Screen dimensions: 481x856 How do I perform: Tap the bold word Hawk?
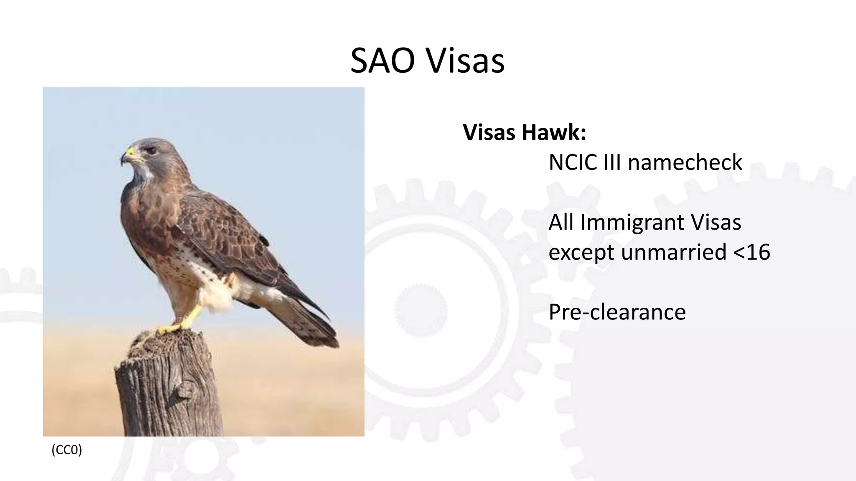point(554,132)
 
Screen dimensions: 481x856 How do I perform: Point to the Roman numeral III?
point(612,162)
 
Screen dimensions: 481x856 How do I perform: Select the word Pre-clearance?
point(617,312)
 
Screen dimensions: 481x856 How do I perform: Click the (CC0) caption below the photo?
point(67,450)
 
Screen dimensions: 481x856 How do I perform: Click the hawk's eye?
point(151,150)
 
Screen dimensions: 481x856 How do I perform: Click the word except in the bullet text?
point(581,252)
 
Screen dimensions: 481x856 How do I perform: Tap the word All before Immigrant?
point(561,222)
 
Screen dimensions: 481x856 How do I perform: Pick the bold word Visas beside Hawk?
point(489,132)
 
